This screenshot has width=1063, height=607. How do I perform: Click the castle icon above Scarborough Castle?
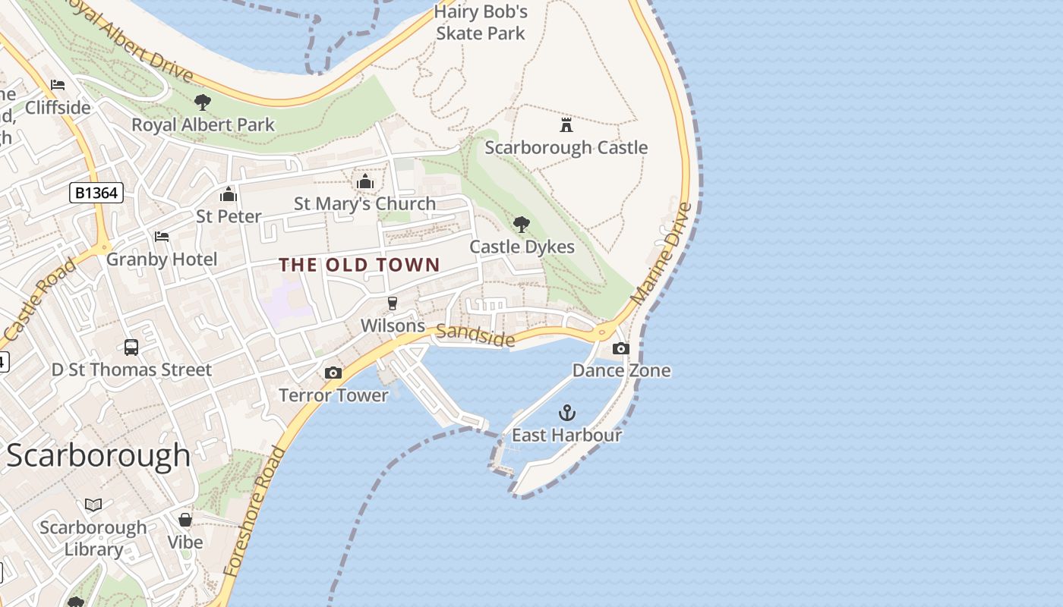[x=566, y=124]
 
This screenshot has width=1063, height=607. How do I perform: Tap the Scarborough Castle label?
[x=566, y=148]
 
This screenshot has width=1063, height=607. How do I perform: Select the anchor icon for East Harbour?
[x=567, y=413]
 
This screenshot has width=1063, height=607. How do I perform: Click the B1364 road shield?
[x=96, y=193]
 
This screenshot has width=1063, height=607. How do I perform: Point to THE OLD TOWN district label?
[x=359, y=265]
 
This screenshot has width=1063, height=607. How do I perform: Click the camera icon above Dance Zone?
[x=621, y=348]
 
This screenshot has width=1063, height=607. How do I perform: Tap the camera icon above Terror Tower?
[x=333, y=373]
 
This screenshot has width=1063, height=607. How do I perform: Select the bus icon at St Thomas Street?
[x=131, y=348]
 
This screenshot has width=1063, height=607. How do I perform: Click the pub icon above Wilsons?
[x=393, y=303]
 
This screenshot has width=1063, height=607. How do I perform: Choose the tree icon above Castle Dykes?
[x=522, y=224]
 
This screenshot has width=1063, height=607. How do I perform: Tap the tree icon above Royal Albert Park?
[x=203, y=102]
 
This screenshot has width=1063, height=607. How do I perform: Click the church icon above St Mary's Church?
[x=365, y=181]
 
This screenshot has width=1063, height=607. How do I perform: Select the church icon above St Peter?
[x=229, y=194]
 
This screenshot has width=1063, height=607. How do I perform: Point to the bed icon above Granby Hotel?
[x=162, y=237]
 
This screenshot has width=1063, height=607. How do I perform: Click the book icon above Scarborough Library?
[x=93, y=505]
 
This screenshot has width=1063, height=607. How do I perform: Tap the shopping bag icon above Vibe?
[x=185, y=520]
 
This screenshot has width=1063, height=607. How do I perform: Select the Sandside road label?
[x=475, y=335]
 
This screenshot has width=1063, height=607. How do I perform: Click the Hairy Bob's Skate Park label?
[x=481, y=23]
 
